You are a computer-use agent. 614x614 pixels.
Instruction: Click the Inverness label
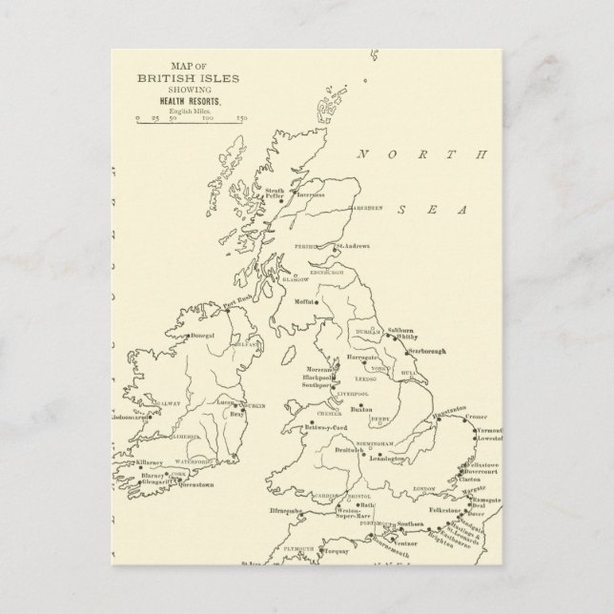pos(312,195)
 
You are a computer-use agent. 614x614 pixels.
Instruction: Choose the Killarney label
pos(152,460)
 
